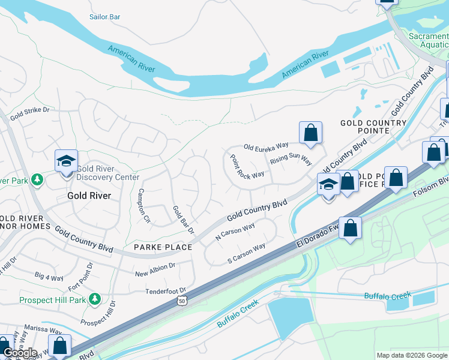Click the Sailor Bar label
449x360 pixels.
pos(104,17)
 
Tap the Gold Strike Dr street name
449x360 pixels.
pos(29,111)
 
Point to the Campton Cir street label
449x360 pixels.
pos(143,206)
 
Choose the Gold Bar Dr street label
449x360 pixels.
pos(184,220)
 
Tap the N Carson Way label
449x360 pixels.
pos(236,232)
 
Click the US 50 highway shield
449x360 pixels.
pos(181,301)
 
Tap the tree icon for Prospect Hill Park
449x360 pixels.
pos(94,299)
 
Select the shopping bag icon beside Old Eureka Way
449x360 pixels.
pos(310,133)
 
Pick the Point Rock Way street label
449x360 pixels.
pos(247,166)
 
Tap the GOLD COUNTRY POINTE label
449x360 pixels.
pos(373,127)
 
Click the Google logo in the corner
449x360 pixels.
pos(20,353)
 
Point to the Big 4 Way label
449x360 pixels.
pos(49,277)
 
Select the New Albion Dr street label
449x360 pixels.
pos(155,265)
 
